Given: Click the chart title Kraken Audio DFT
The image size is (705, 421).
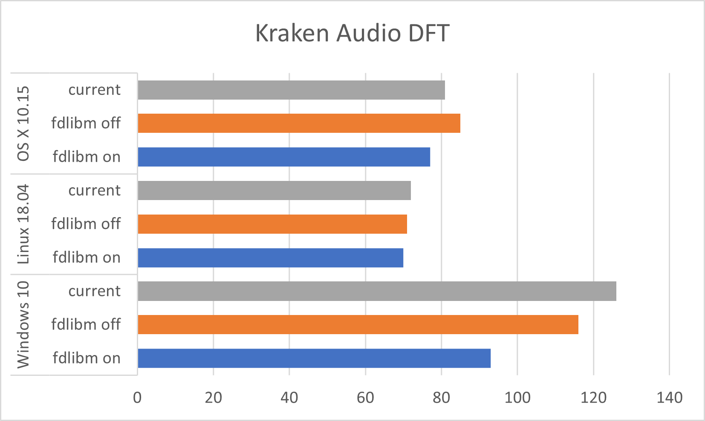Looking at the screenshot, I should (352, 33).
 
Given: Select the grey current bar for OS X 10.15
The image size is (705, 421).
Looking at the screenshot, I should (291, 90).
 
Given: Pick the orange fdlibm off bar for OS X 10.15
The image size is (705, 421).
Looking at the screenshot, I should (299, 123).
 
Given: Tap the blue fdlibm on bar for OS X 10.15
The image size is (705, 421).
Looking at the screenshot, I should (284, 157).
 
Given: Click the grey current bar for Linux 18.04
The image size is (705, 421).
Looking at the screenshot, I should (274, 190).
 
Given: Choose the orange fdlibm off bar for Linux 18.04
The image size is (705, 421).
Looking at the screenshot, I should (272, 224).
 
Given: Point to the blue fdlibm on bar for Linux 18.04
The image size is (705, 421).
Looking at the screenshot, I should (270, 258).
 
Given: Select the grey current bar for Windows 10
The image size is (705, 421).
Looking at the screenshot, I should (377, 291).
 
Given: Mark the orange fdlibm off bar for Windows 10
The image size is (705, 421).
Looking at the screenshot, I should (358, 324).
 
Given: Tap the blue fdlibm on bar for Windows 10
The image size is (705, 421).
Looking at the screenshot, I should (314, 358).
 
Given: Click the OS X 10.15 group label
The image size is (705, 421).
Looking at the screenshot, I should (23, 123).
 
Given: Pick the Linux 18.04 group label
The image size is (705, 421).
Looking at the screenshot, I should (23, 224).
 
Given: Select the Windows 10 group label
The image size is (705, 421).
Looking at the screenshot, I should (23, 324).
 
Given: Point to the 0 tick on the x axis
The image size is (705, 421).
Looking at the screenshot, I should (137, 398).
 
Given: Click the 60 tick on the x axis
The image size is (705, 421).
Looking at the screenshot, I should (365, 398).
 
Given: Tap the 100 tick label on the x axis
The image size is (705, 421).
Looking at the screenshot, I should (517, 398).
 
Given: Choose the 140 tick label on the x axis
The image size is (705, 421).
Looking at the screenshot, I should (669, 398).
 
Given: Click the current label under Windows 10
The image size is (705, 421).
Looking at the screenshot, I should (95, 291).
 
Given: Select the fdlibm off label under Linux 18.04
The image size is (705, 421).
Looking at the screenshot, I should (86, 224).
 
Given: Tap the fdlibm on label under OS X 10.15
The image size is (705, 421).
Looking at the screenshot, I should (87, 157).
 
